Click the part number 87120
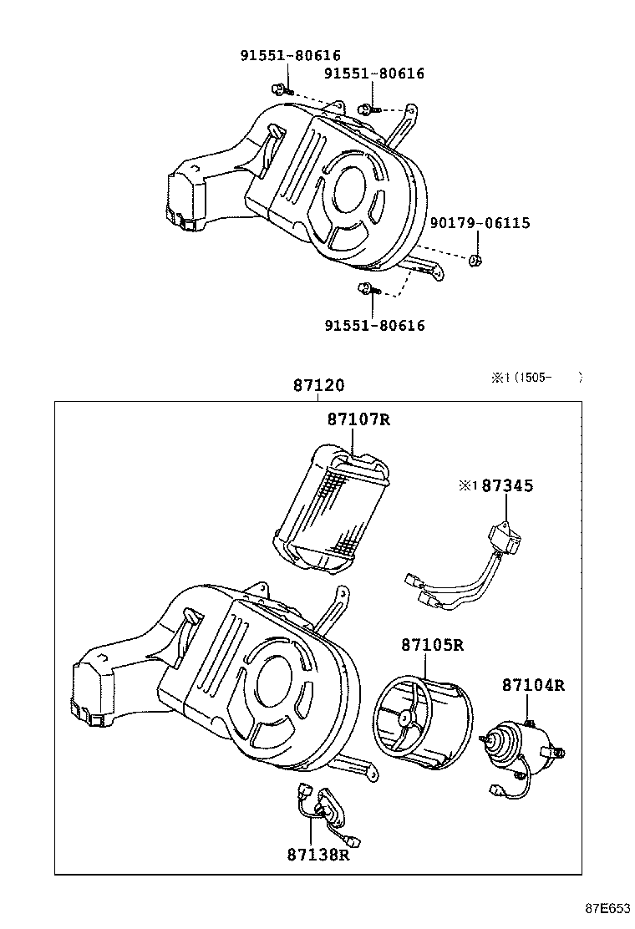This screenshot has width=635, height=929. click(318, 386)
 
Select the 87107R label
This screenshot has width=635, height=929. click(358, 419)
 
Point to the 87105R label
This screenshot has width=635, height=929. click(431, 645)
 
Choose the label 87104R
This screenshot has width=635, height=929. click(533, 685)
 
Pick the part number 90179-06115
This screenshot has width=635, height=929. click(480, 223)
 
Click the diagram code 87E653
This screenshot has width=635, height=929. click(606, 909)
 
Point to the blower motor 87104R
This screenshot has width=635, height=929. click(519, 743)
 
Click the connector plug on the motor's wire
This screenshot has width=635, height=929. click(499, 789)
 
